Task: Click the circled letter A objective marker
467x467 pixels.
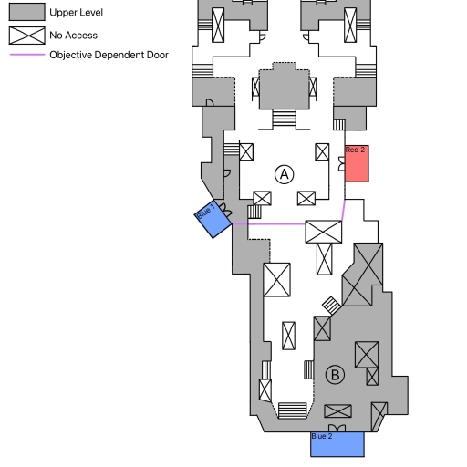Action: (285, 174)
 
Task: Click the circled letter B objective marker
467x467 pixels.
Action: (335, 375)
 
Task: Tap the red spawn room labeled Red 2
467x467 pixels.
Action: (357, 163)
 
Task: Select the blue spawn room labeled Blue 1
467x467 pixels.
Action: (213, 219)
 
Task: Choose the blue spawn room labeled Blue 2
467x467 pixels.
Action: (337, 444)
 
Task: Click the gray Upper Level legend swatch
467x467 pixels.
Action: (27, 12)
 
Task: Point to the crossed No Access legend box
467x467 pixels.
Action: (27, 36)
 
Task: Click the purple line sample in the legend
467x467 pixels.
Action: (27, 55)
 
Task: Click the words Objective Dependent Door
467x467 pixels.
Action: (109, 55)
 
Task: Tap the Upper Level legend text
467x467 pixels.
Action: (76, 13)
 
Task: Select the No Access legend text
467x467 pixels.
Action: (73, 36)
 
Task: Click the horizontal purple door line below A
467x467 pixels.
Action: (269, 224)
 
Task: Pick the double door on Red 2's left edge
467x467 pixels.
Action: (342, 164)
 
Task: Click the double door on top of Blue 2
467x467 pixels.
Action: (337, 429)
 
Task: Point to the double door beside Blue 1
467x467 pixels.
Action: (225, 210)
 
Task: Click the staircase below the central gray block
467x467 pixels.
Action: (285, 118)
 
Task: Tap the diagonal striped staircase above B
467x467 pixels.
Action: (331, 306)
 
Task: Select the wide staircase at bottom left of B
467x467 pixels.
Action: (293, 410)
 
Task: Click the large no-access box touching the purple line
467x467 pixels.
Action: (324, 232)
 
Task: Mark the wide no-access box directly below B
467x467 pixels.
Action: (337, 411)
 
